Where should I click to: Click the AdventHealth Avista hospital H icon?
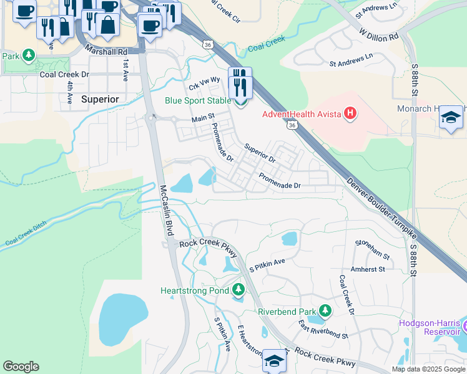click(351, 113)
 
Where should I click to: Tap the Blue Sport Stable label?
click(198, 100)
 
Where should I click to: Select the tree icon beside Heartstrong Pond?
click(238, 290)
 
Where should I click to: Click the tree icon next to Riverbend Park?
click(325, 310)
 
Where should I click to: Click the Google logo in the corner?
click(21, 367)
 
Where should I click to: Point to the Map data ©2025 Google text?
click(428, 369)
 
